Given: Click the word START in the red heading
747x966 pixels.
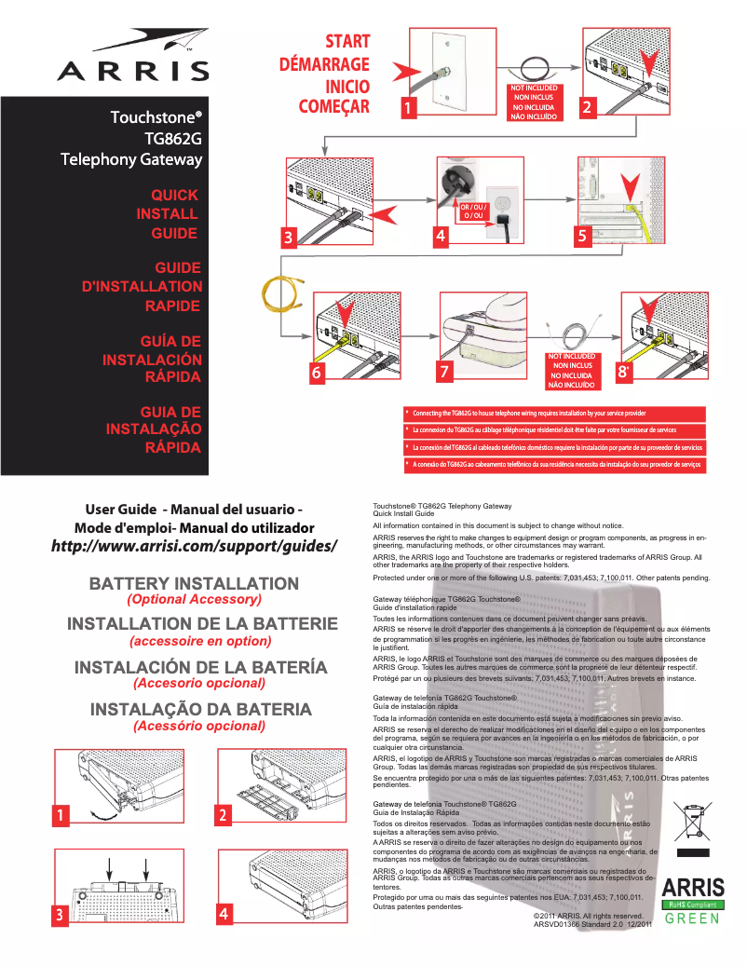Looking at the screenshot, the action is tap(347, 42).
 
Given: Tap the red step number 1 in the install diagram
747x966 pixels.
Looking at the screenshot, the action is tap(406, 108).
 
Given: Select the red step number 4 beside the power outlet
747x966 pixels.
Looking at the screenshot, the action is tap(440, 237).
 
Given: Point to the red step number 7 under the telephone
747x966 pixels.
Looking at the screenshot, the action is tap(444, 371).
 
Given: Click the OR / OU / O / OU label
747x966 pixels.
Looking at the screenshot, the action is tap(473, 211).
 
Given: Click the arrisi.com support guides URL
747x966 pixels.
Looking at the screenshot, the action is tap(193, 545).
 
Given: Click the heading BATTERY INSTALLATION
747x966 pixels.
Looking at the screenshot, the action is tap(194, 584).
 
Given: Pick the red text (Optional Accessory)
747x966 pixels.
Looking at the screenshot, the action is tap(194, 599).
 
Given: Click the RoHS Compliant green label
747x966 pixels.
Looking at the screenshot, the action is tap(692, 904).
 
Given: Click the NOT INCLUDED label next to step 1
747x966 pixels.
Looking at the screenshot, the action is tap(535, 102).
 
